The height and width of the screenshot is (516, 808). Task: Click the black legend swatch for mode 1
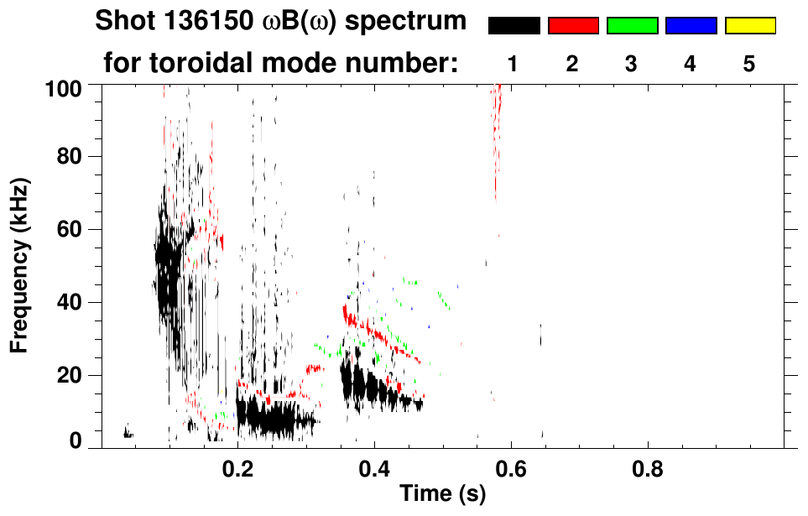pos(514,26)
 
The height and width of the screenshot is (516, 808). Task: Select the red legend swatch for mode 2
pos(573,26)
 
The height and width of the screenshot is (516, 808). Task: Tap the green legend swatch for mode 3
pos(632,26)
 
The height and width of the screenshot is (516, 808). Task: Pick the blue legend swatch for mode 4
pos(691,26)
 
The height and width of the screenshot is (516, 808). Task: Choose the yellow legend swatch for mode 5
pos(749,26)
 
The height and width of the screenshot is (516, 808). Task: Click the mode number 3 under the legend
pos(632,64)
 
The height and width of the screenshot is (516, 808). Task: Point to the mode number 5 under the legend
pos(749,64)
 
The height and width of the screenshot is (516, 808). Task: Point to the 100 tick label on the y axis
pos(64,87)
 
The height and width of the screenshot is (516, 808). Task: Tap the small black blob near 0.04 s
pos(128,433)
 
